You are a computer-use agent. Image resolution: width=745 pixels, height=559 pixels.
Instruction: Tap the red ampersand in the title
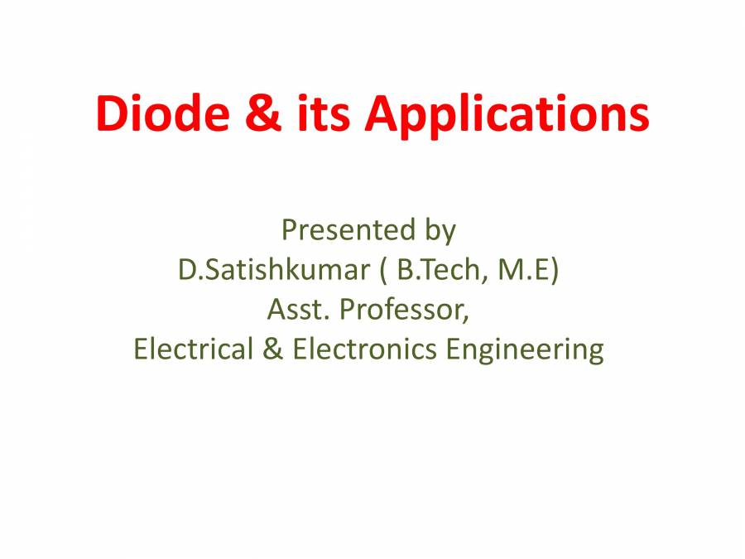coord(262,113)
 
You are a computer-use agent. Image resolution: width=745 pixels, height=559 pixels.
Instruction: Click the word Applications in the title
coord(507,115)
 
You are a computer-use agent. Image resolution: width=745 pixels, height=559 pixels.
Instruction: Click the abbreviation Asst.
coord(298,309)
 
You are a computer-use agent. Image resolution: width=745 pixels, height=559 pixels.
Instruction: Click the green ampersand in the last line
coord(273,349)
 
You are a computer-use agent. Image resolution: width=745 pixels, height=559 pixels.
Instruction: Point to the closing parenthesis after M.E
coord(555,271)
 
